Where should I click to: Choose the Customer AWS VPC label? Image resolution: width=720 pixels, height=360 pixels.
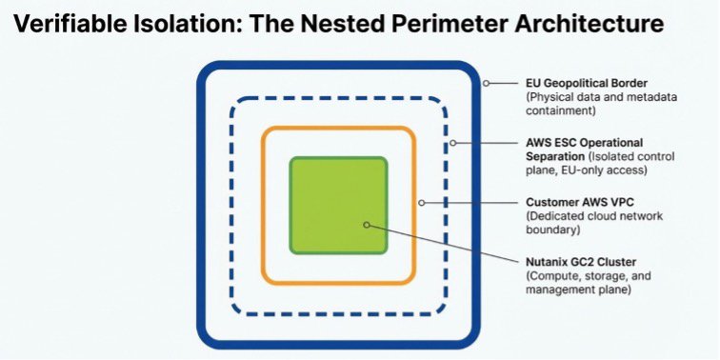click(x=575, y=203)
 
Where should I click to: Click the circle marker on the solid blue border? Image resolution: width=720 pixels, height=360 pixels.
click(x=486, y=84)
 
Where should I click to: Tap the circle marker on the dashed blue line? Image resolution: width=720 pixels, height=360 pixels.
click(x=452, y=144)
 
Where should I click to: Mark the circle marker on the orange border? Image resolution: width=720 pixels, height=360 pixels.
click(x=420, y=203)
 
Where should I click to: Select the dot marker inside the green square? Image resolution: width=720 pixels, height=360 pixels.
click(x=365, y=225)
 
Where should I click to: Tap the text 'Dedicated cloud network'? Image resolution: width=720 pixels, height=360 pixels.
click(x=593, y=216)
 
